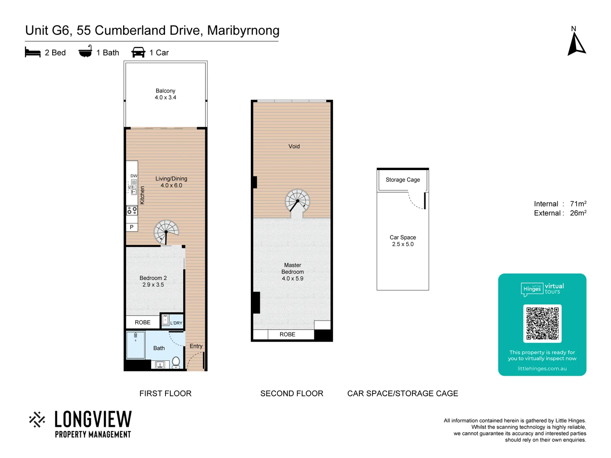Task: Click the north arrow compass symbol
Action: [576, 44]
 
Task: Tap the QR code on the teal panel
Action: [542, 323]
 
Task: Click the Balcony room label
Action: [165, 91]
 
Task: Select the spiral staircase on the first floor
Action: [166, 232]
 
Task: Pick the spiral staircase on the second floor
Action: [297, 201]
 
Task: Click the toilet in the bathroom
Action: [176, 362]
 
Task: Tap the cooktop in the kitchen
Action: [132, 210]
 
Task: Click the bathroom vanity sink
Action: [160, 364]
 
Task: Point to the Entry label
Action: [196, 346]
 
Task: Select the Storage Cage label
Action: [403, 180]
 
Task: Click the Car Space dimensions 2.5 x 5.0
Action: [403, 244]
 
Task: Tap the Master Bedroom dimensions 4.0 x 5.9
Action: [292, 279]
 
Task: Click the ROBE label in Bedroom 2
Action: [143, 322]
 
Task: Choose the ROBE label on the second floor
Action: [287, 335]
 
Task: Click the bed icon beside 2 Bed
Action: [33, 53]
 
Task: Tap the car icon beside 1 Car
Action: [138, 53]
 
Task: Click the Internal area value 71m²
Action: [578, 204]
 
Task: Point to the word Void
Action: [294, 146]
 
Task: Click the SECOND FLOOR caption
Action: [292, 394]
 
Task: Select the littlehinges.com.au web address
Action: [542, 369]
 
